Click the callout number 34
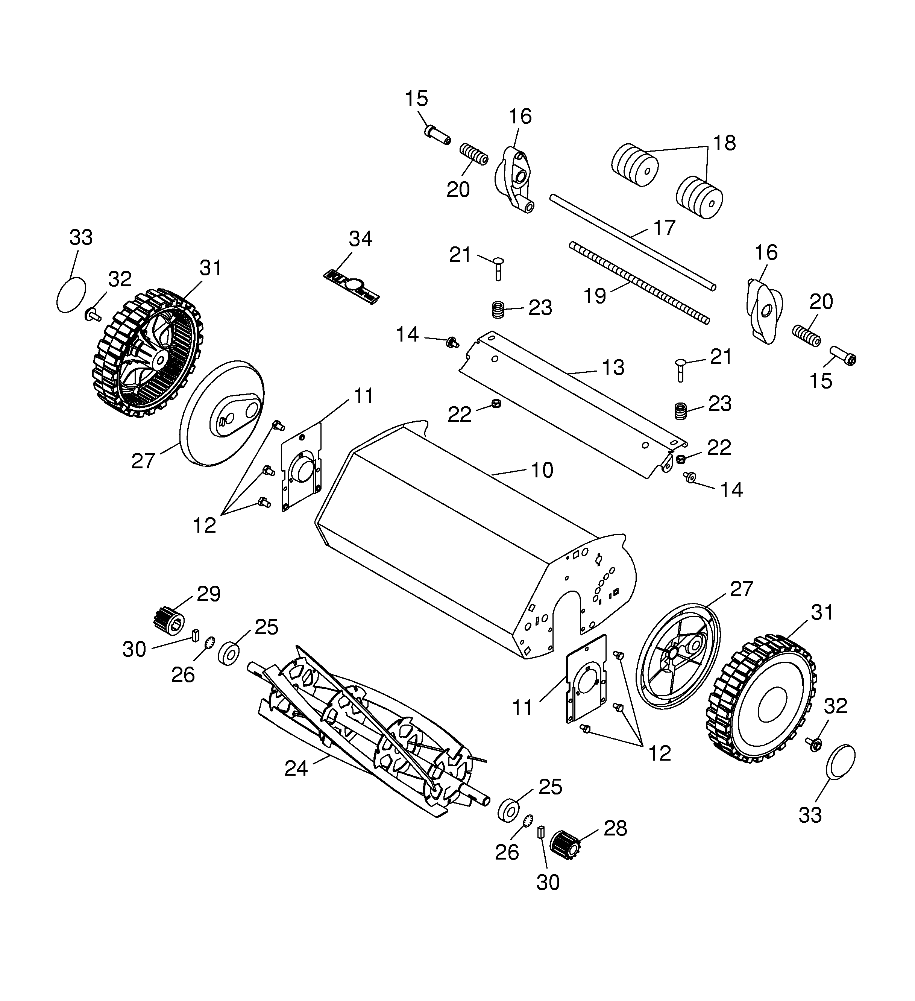(x=360, y=239)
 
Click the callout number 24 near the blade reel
(x=296, y=768)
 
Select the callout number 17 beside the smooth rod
(x=664, y=228)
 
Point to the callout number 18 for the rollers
(x=724, y=143)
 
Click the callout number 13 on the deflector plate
(x=613, y=368)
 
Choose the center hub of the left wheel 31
(x=159, y=357)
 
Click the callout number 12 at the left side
(x=205, y=525)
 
